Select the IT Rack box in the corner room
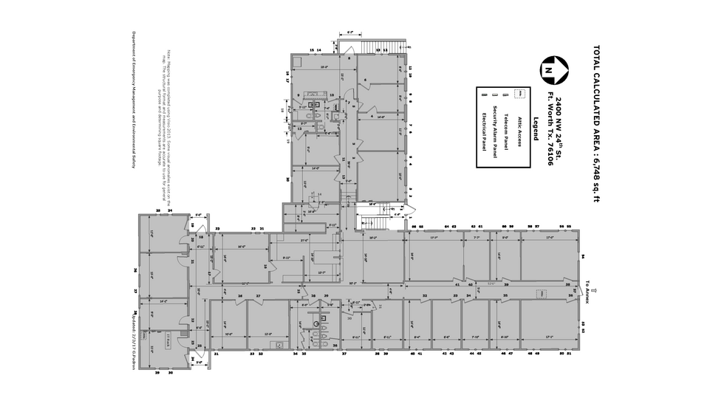coord(168,340)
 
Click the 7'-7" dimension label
coord(477,238)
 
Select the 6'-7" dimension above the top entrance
coord(350,32)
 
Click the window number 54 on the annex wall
coord(583,256)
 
